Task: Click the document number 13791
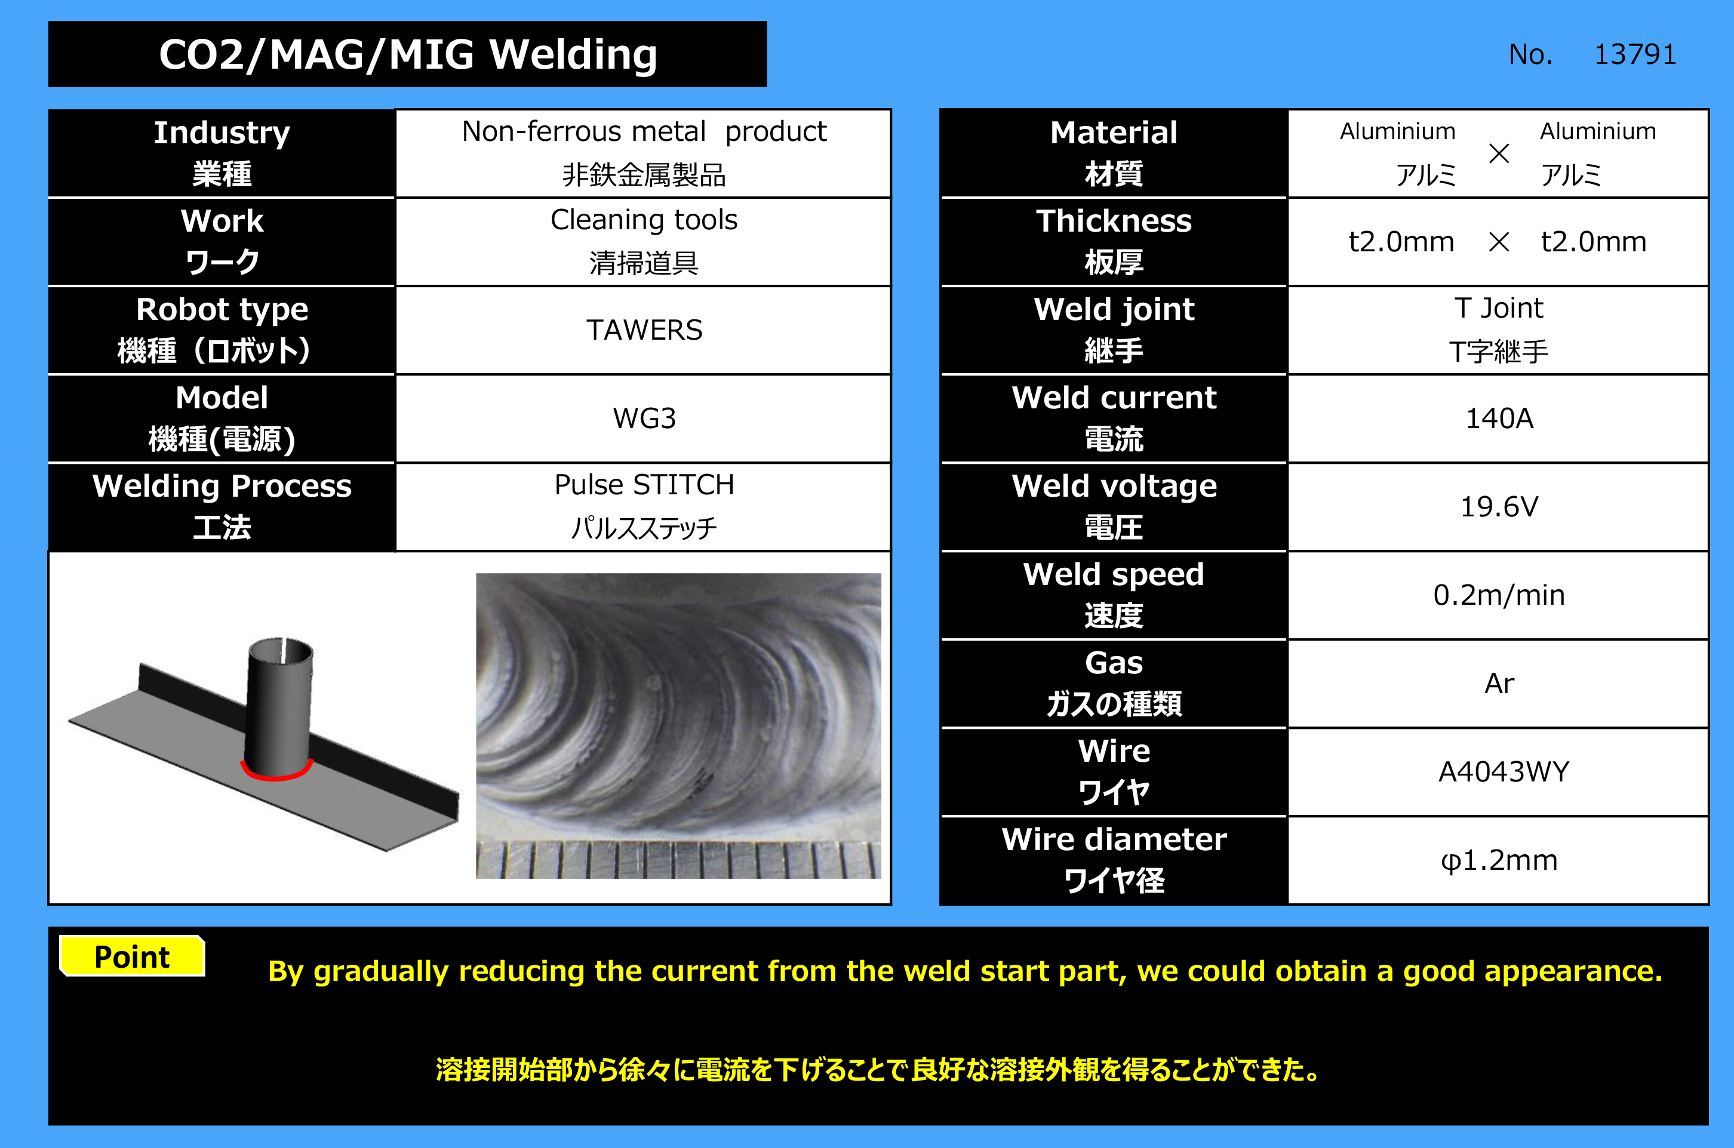coord(1635,54)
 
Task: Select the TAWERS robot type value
coord(644,330)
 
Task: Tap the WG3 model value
coord(644,418)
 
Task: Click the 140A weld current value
coord(1499,418)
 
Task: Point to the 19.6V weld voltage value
coord(1499,507)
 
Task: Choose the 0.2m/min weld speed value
coord(1499,595)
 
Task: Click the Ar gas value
coord(1499,684)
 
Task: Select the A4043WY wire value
coord(1504,772)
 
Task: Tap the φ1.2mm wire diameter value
coord(1499,860)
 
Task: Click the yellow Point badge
coord(133,956)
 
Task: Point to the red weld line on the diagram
coord(276,775)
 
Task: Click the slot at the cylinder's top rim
coord(281,645)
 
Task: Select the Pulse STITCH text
coord(644,485)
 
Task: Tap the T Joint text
coord(1499,308)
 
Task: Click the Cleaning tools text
coord(644,220)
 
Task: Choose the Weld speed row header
coord(1114,595)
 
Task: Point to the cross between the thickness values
coord(1499,242)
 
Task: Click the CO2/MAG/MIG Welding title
coord(408,54)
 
